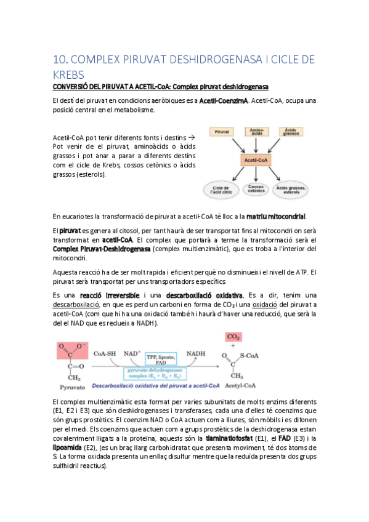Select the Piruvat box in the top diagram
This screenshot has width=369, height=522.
point(221,132)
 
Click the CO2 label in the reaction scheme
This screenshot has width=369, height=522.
point(234,337)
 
